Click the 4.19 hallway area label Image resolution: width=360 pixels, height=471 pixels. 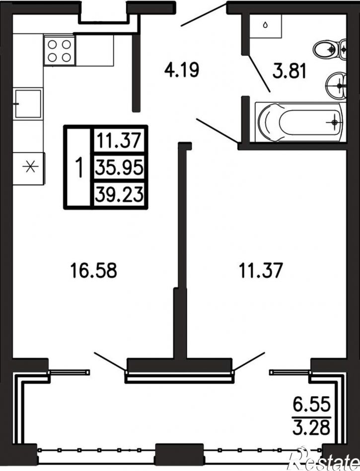182,70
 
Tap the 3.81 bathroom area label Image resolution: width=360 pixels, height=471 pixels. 289,72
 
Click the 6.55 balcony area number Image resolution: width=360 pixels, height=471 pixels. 312,404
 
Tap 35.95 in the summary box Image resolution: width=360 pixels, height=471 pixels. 119,168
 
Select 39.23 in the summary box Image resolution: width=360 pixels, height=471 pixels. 119,195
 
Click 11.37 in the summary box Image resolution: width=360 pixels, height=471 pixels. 119,140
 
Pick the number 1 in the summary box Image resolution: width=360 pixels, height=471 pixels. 79,168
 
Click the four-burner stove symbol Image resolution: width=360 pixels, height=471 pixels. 59,50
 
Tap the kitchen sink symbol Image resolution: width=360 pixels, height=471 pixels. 27,104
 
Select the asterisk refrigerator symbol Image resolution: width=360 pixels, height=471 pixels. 29,167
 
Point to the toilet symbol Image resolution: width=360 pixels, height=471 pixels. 329,49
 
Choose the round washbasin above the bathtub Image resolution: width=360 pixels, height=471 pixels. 336,85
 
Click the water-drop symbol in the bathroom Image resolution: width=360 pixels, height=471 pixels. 265,25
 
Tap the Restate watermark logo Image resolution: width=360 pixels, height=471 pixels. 323,459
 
